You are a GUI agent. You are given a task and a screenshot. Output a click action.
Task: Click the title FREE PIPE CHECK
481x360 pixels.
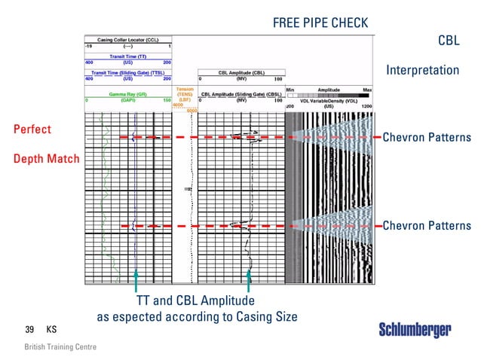click(x=320, y=23)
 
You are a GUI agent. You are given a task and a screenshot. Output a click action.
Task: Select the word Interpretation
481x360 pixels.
click(x=422, y=70)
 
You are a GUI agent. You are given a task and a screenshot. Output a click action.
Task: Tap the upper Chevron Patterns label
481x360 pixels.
click(x=427, y=137)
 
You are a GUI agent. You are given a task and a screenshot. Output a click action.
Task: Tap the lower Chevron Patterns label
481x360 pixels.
click(x=427, y=225)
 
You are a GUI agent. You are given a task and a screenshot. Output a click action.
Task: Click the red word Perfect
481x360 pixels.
click(x=32, y=129)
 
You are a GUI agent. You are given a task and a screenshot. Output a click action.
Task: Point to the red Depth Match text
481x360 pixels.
click(x=46, y=160)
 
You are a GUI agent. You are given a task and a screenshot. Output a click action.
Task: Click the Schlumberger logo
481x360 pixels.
click(x=415, y=330)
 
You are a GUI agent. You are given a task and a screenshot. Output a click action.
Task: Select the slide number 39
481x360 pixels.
click(x=30, y=330)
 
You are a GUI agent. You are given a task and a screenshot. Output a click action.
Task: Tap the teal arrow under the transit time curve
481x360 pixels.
click(x=136, y=282)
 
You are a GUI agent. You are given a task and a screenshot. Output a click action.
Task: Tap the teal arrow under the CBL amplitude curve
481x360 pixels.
click(x=248, y=282)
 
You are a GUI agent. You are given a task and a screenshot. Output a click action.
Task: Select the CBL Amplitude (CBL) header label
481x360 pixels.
click(x=240, y=73)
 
